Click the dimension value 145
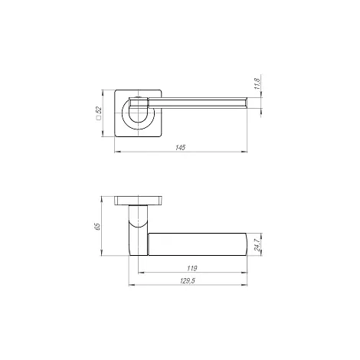click(180, 148)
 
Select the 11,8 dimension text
click(257, 83)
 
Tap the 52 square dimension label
click(99, 110)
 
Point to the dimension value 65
click(97, 227)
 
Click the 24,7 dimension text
click(257, 245)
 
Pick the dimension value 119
click(192, 268)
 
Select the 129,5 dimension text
click(188, 281)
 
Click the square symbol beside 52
click(99, 118)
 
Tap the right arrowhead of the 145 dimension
click(244, 152)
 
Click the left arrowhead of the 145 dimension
click(117, 152)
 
